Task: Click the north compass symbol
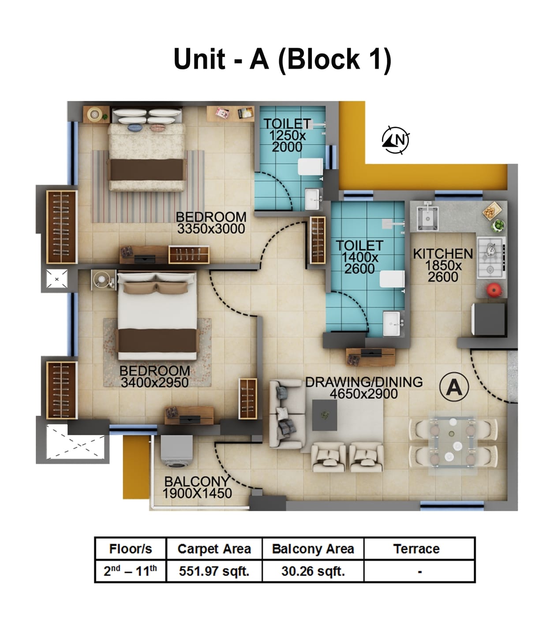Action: (395, 140)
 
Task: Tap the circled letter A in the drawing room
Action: (454, 386)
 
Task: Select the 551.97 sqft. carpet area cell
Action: (214, 571)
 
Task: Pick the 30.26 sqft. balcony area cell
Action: (313, 571)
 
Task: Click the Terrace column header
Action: (416, 549)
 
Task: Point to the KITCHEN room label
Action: (442, 254)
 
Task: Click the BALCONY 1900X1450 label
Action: (197, 487)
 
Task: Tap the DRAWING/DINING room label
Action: (364, 382)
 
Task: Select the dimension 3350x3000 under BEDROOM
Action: (211, 229)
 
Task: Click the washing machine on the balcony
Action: (176, 451)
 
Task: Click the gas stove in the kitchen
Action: (491, 257)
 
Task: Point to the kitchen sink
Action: (426, 216)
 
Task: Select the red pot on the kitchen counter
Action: (494, 290)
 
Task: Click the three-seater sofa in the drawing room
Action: (285, 414)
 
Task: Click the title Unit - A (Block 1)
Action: (282, 59)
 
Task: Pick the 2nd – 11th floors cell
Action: (130, 571)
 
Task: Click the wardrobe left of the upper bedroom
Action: (62, 227)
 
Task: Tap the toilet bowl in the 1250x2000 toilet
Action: (310, 167)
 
